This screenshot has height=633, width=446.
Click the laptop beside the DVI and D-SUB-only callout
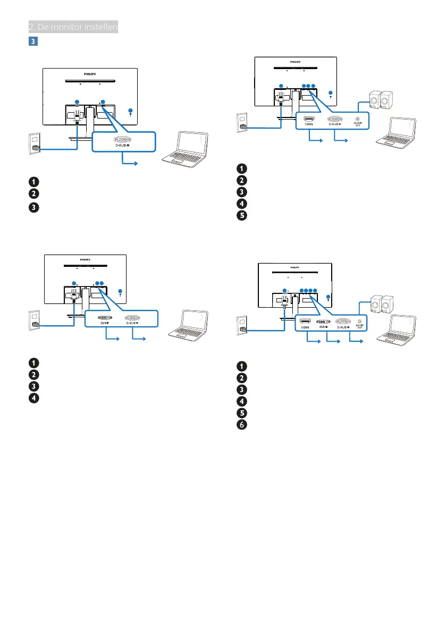pos(188,325)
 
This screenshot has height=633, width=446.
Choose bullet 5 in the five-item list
pos(242,216)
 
